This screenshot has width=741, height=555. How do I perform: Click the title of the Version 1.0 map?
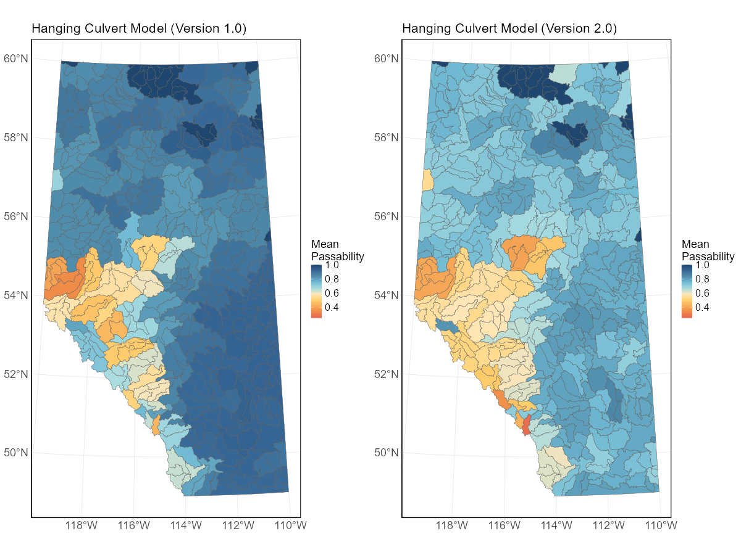139,29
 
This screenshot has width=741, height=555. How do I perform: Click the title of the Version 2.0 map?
509,29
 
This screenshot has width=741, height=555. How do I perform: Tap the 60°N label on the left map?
17,59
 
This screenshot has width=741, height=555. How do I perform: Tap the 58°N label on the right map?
388,138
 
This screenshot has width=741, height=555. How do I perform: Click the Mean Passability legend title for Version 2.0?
708,250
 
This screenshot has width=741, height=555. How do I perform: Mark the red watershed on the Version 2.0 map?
526,425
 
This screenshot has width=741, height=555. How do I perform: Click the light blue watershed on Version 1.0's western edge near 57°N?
56,180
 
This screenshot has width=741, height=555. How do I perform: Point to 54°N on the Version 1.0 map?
17,295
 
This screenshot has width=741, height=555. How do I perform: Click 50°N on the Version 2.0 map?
388,453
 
